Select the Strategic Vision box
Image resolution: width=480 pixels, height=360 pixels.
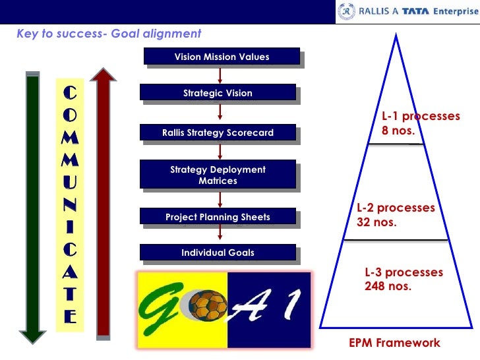point(218,93)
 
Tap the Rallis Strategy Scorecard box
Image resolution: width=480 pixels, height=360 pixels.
point(218,133)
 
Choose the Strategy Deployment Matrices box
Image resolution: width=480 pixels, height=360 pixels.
point(218,175)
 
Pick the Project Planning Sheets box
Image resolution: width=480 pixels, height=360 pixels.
point(218,216)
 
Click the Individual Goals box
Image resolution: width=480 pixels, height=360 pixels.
point(218,253)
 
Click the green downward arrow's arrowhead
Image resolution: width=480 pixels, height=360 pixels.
point(30,335)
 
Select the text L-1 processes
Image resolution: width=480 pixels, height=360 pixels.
point(421,116)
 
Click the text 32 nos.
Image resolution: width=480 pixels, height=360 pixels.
point(376,222)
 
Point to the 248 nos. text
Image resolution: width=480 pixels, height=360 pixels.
point(388,286)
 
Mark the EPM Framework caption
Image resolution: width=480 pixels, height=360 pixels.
point(394,343)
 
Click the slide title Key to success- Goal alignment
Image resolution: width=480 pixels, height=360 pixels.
point(109,34)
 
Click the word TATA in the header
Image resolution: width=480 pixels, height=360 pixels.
point(414,11)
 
